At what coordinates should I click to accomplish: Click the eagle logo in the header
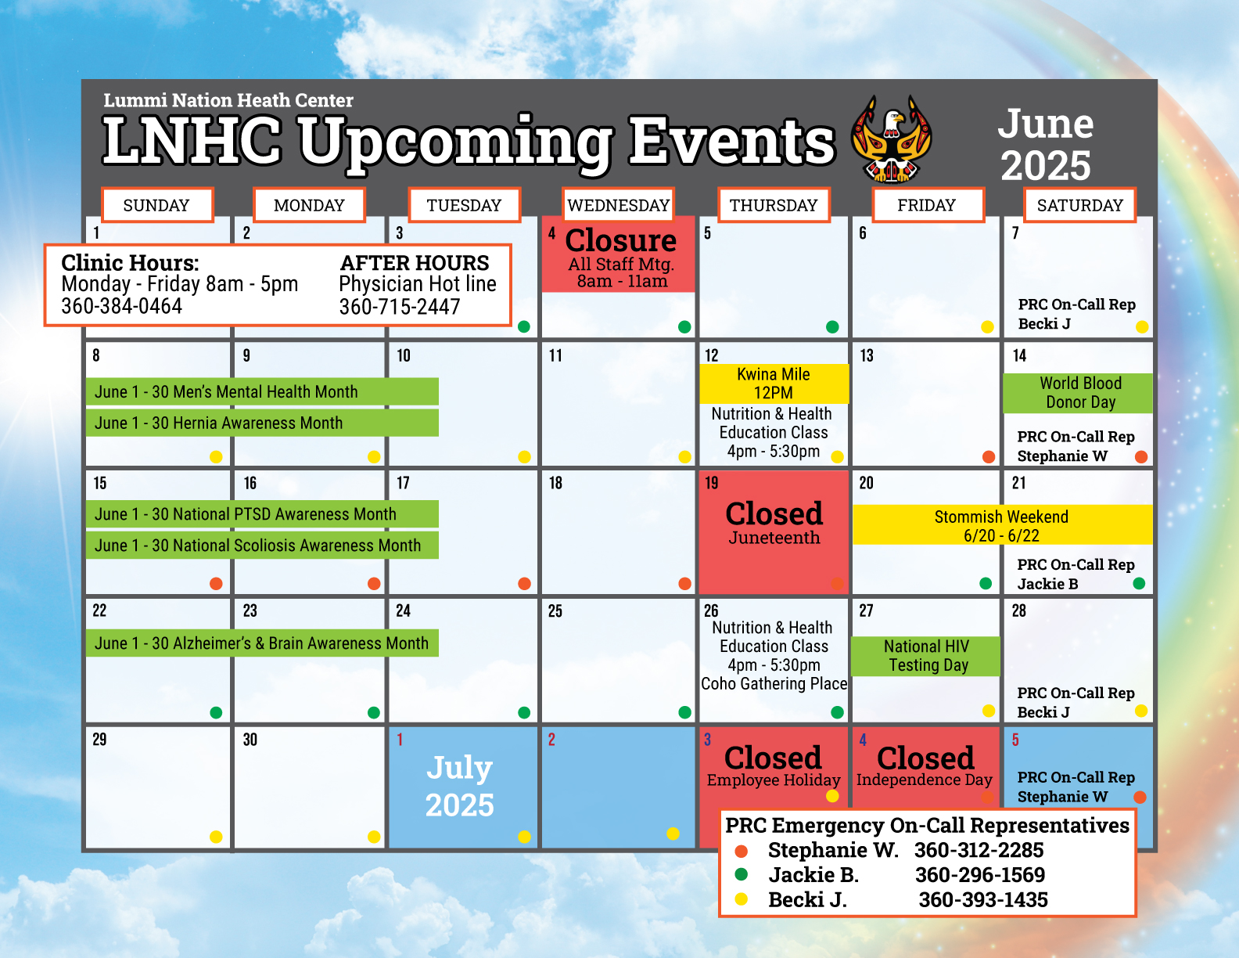pos(891,139)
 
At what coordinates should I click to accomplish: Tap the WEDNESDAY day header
pos(618,205)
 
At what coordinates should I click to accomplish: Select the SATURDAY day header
pos(1079,205)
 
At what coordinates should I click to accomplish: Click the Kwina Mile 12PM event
pos(774,384)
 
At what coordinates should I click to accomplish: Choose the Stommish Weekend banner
pos(1002,525)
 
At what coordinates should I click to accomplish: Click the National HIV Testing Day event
pos(925,656)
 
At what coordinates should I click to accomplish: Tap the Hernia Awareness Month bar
pos(262,423)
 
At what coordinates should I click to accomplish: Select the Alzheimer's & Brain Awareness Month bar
pos(262,643)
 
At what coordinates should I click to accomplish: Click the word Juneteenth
pos(774,538)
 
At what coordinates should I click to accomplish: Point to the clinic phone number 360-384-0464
pos(121,306)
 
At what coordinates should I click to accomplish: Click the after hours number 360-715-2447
pos(399,307)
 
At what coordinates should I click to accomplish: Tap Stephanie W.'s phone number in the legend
pos(979,850)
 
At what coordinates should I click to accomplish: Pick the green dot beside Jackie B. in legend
pos(742,874)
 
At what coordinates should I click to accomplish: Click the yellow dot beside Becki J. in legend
pos(742,899)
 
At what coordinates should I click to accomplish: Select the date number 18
pos(555,483)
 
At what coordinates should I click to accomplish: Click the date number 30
pos(250,740)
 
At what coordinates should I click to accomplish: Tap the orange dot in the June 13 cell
pos(989,456)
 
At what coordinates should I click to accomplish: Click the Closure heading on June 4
pos(620,240)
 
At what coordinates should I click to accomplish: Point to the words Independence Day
pos(925,780)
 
